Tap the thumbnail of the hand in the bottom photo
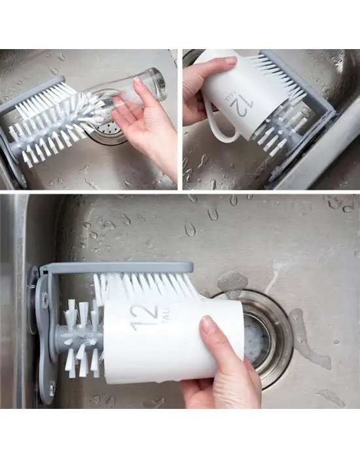coord(208,325)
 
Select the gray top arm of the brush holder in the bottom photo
coord(117,267)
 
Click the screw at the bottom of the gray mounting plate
coord(52,387)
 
